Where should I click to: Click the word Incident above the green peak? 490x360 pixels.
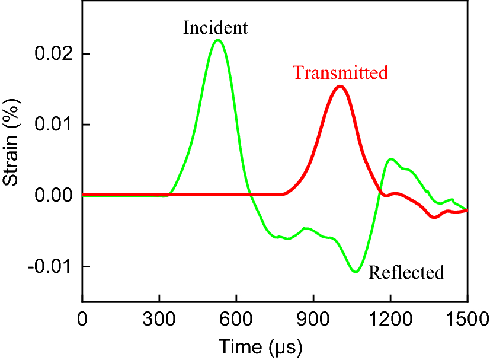point(214,27)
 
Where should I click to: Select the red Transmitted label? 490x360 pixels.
point(340,72)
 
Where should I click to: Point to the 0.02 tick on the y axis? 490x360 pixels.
point(53,54)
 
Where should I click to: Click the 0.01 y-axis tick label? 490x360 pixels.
point(53,125)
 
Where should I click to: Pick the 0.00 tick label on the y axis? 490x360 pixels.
point(53,195)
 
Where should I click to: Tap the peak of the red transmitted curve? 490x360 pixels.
point(340,86)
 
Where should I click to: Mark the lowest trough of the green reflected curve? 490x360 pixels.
point(356,272)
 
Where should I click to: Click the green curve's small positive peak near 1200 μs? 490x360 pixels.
point(391,159)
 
